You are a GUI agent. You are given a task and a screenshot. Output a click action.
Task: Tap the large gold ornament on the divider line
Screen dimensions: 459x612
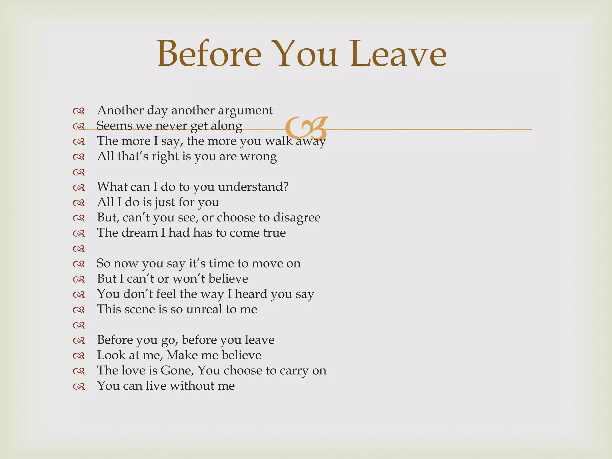click(306, 127)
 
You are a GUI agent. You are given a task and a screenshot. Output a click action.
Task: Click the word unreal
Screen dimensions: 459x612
click(204, 309)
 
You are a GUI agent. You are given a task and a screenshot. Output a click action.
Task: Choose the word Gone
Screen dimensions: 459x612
click(177, 371)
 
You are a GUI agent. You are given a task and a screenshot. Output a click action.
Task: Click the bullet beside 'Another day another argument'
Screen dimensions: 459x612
click(79, 111)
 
